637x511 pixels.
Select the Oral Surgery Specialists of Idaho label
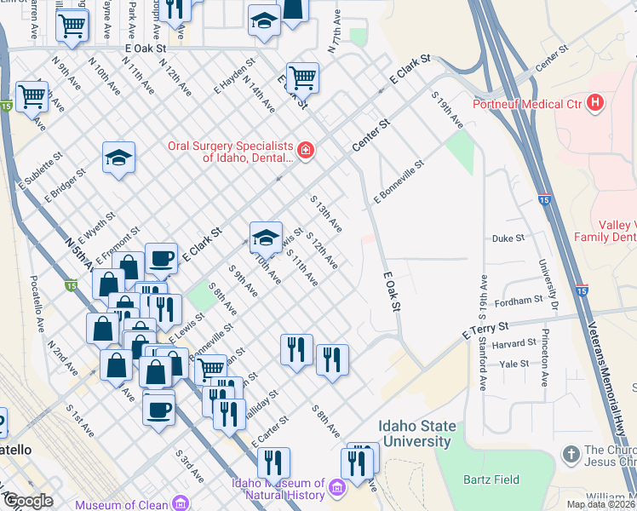click(229, 152)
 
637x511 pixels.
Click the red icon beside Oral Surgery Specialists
click(306, 152)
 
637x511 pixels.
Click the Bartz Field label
click(492, 479)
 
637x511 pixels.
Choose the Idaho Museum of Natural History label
click(278, 490)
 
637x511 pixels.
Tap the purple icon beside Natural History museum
click(337, 488)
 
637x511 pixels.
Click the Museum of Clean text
click(122, 504)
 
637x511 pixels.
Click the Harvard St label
click(514, 344)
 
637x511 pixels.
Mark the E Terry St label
click(485, 328)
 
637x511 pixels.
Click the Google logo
click(28, 500)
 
